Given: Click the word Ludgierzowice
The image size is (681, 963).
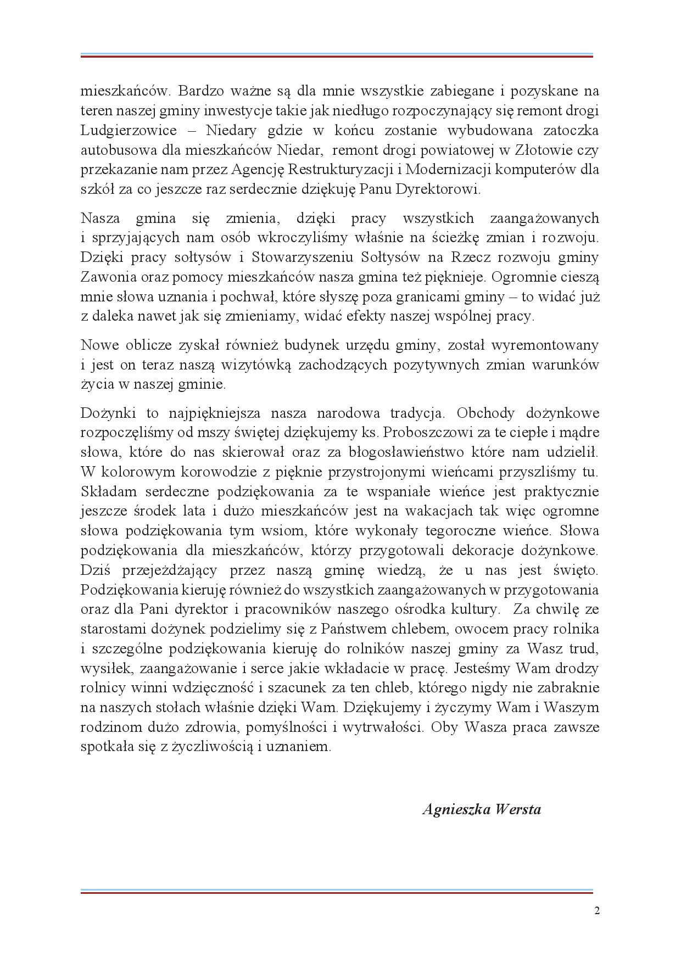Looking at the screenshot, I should (129, 131).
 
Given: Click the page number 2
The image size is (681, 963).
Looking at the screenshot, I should (596, 911).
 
